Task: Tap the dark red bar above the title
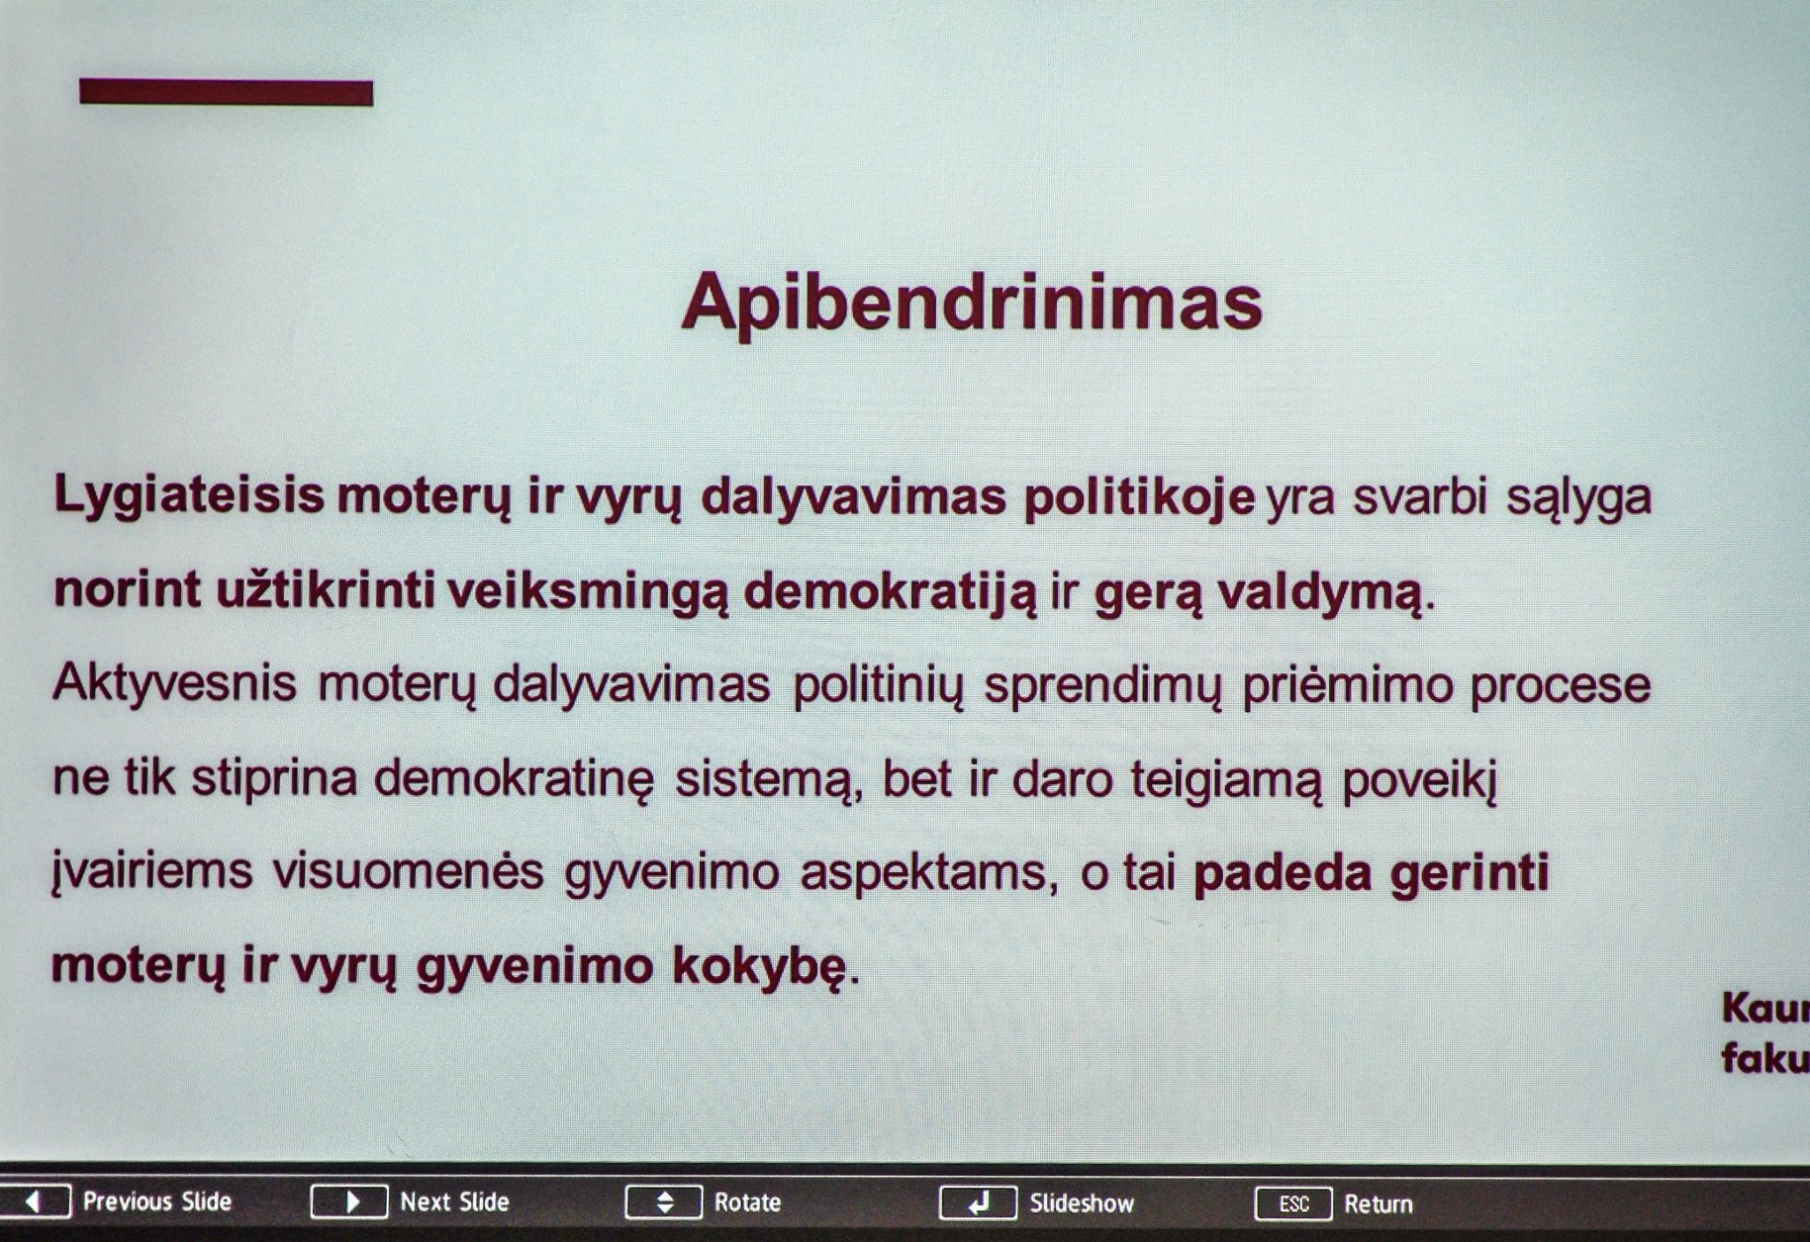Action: point(226,92)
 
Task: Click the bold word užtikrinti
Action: point(325,590)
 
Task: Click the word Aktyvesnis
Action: point(174,685)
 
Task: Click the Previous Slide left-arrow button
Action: point(34,1202)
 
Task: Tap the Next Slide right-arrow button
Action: point(349,1202)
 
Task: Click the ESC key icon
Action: point(1293,1204)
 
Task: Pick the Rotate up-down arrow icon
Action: point(664,1202)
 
